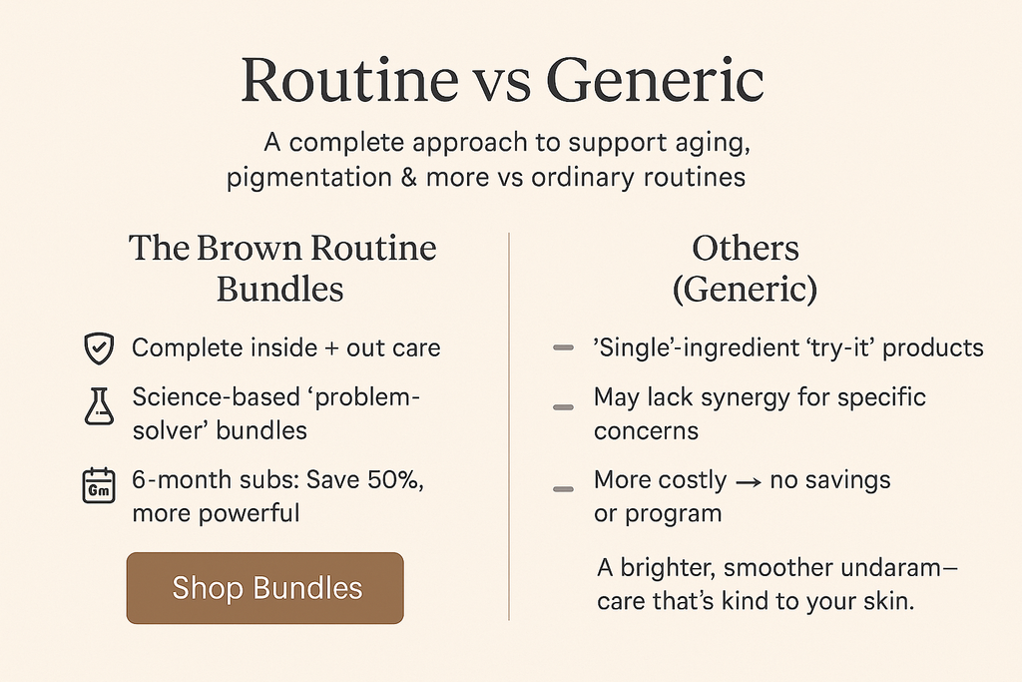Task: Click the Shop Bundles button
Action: click(x=264, y=587)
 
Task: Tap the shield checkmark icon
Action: click(x=99, y=348)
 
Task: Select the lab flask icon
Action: click(x=99, y=406)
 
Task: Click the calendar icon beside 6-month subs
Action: click(x=99, y=485)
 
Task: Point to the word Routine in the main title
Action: click(x=350, y=80)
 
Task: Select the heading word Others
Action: click(x=745, y=248)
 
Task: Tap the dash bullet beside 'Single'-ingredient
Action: click(x=563, y=347)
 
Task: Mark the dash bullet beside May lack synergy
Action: click(x=563, y=407)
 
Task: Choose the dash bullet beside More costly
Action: click(x=563, y=489)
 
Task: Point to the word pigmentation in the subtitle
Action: click(x=309, y=178)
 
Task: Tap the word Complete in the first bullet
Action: click(x=177, y=348)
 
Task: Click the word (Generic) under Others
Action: click(x=745, y=290)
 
